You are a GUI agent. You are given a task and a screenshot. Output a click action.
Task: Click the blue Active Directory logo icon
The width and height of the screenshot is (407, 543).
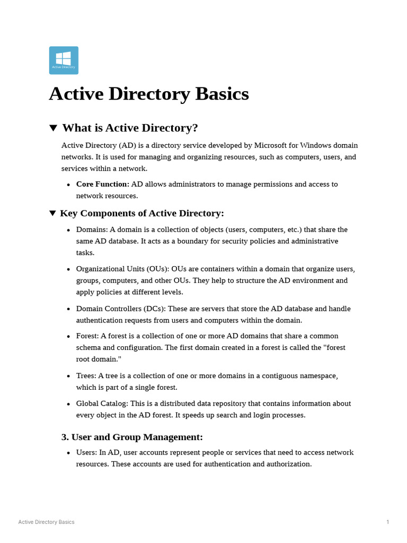64,60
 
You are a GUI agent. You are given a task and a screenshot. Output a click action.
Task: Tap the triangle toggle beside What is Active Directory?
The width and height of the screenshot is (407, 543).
53,128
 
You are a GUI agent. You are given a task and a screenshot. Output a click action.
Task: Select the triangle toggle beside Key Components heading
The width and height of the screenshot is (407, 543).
52,213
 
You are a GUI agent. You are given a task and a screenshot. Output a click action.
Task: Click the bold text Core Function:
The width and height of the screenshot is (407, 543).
102,184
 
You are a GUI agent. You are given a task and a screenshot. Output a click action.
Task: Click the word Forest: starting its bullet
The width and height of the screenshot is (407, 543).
87,336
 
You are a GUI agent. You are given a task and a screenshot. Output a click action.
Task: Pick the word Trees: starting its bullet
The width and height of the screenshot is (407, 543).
86,376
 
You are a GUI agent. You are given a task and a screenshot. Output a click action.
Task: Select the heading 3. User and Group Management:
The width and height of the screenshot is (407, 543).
132,437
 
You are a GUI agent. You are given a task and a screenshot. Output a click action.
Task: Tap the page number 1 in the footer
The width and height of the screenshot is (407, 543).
388,522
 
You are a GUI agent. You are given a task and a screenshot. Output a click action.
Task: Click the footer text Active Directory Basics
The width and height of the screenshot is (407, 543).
46,522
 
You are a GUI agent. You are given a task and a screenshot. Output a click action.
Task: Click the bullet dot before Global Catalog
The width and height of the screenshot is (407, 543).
69,404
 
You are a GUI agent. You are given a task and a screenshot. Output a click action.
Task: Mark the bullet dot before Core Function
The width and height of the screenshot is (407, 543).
69,185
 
